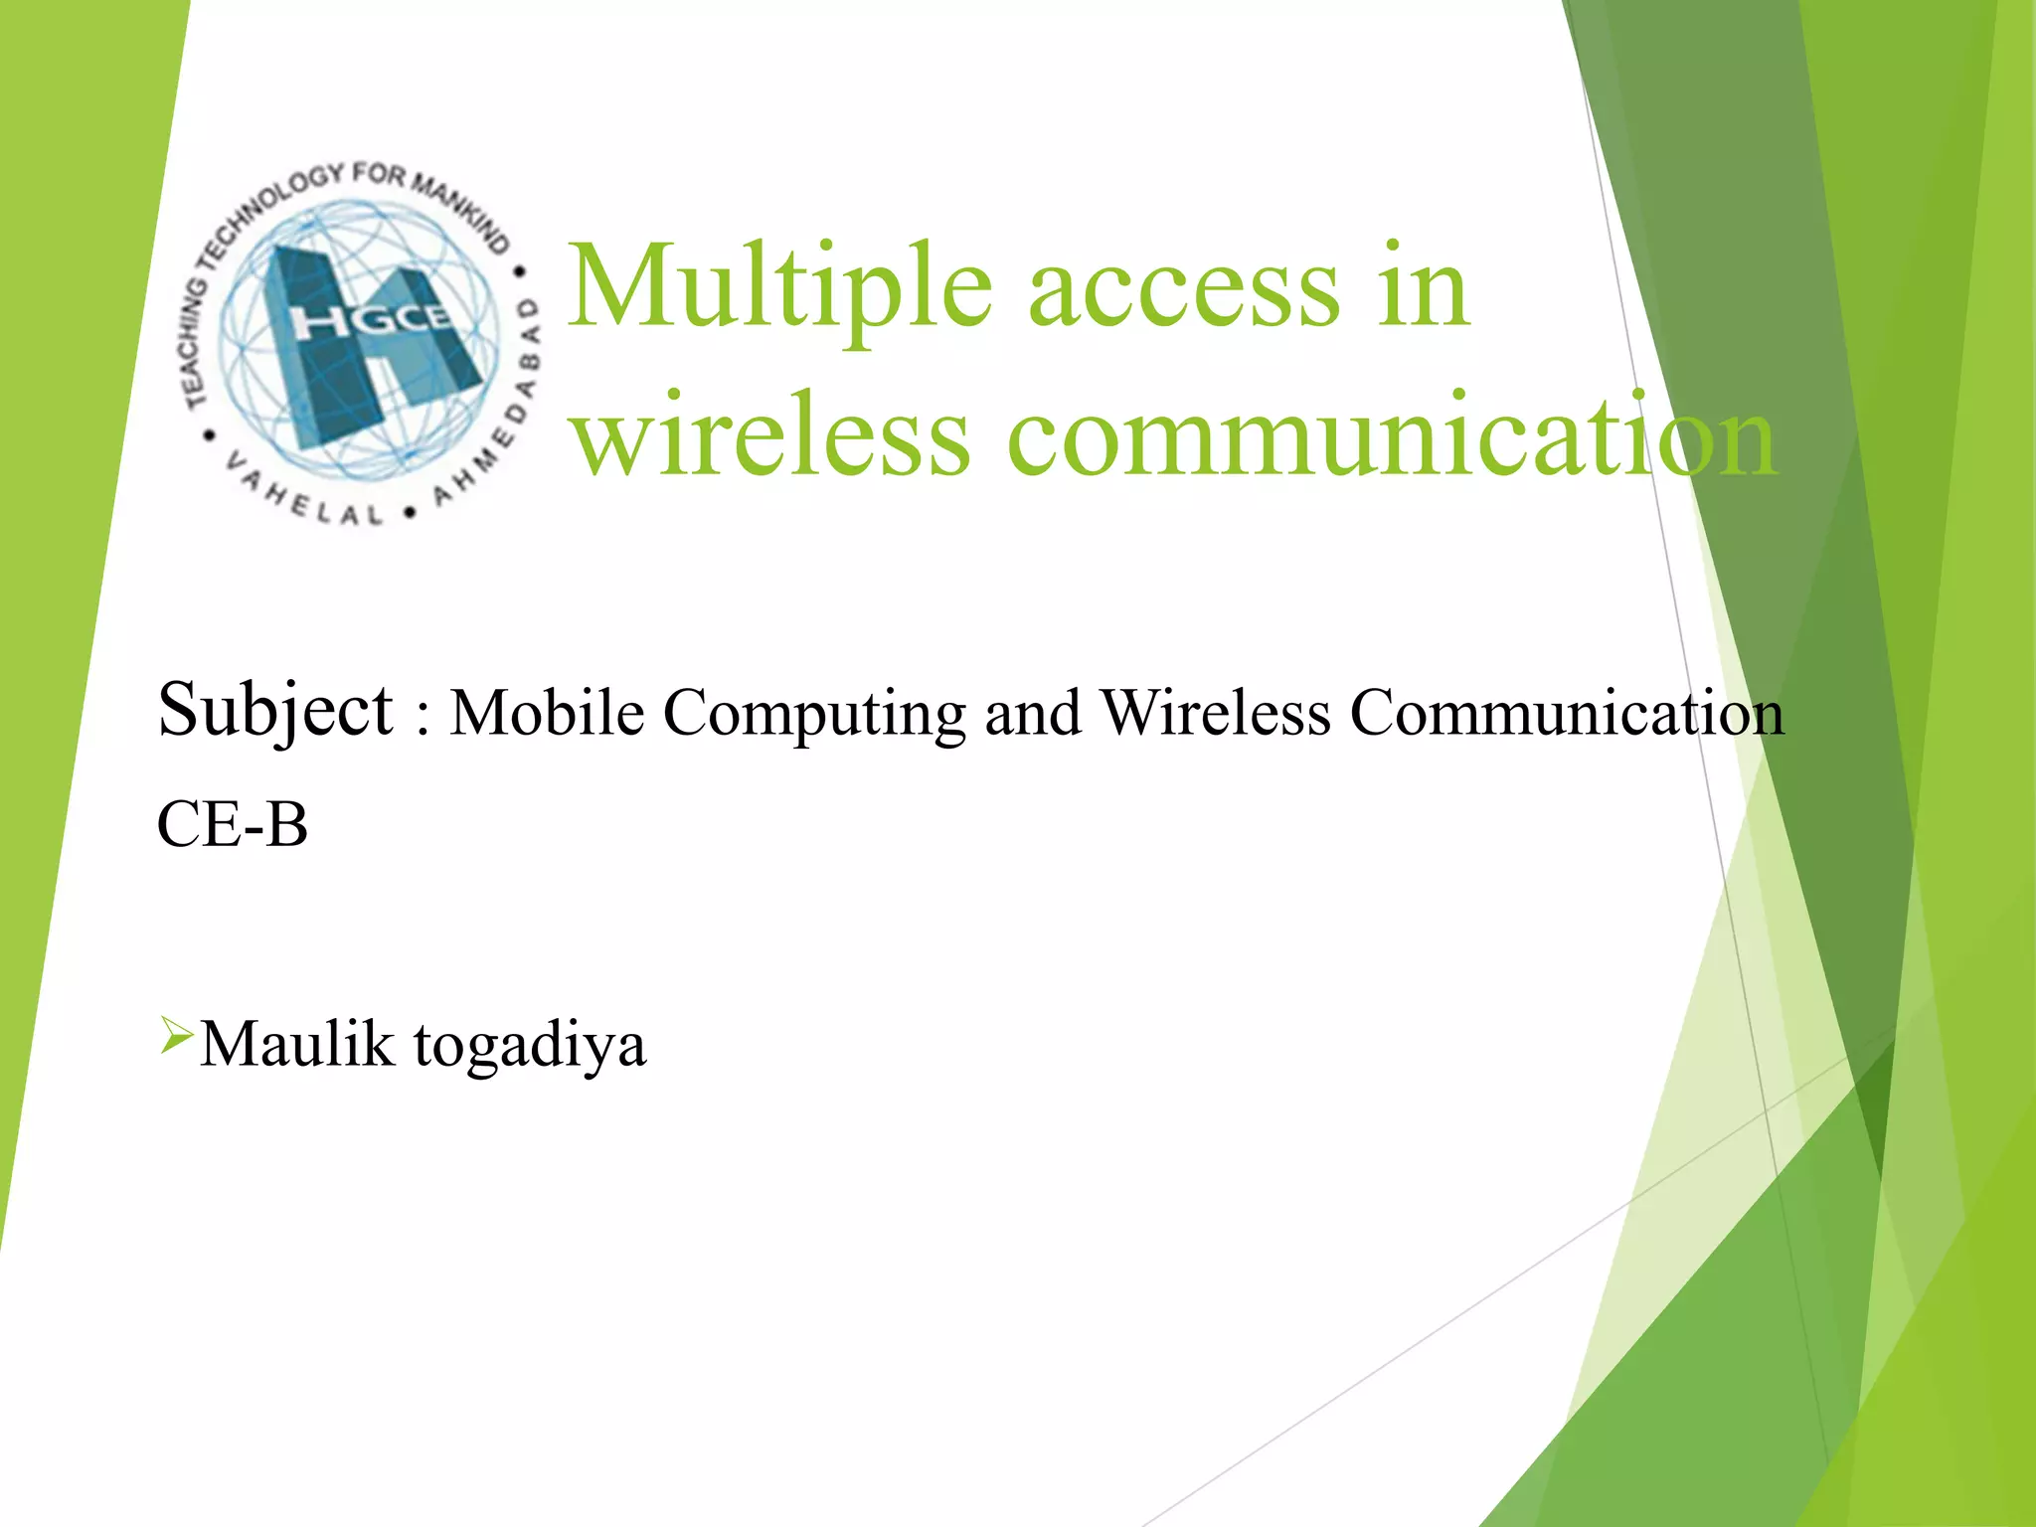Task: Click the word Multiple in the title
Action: click(x=780, y=288)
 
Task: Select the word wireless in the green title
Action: click(x=772, y=437)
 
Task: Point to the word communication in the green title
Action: click(x=1392, y=437)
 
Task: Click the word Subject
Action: click(x=275, y=712)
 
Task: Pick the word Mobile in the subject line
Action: click(x=547, y=713)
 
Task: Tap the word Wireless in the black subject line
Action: click(x=1216, y=713)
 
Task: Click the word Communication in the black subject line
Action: click(x=1567, y=713)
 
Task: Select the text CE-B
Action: click(x=233, y=825)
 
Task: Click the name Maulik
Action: click(x=297, y=1045)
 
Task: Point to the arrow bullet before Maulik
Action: click(x=175, y=1036)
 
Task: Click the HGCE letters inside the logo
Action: click(x=372, y=320)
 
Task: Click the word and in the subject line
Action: click(x=1032, y=714)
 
